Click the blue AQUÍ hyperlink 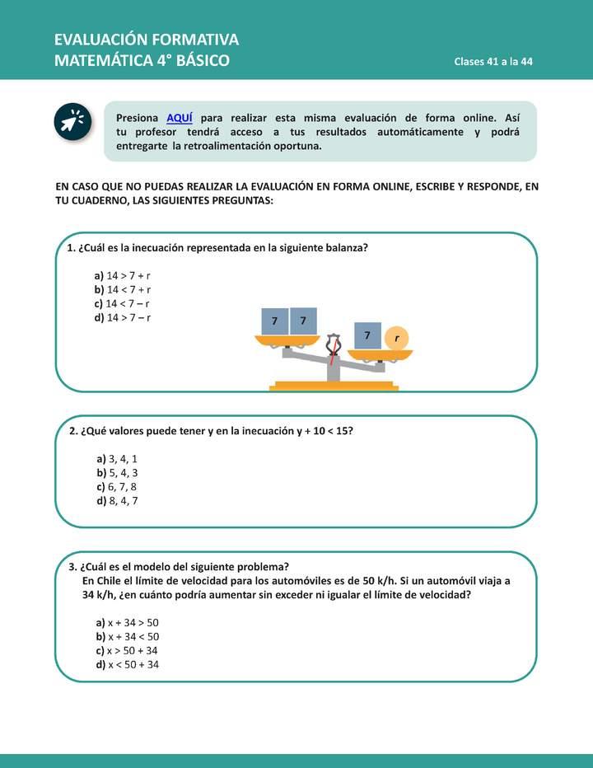180,118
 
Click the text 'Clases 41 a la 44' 493,63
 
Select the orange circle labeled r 397,337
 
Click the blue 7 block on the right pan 367,335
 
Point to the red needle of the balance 332,355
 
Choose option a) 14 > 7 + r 122,276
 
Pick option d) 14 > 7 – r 122,317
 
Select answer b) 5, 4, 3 117,472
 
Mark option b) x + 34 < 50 128,636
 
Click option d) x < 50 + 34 128,664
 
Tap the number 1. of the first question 72,247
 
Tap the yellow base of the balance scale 334,386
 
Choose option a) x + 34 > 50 128,622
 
